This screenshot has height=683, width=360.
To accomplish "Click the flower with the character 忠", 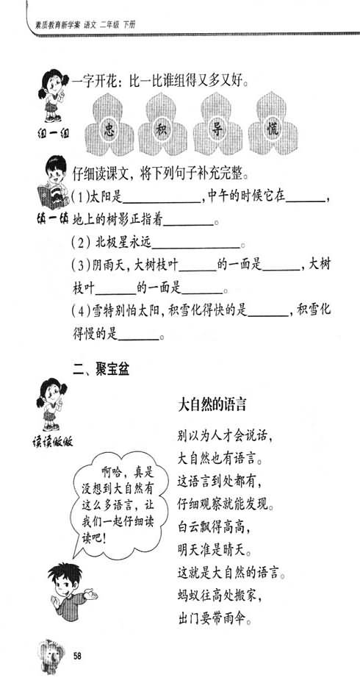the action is point(109,125).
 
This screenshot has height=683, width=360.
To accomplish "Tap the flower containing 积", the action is point(163,125).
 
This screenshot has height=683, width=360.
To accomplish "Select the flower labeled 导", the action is point(217,125).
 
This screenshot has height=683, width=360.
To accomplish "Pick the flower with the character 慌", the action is point(273,125).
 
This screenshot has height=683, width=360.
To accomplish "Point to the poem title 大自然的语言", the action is point(212,405).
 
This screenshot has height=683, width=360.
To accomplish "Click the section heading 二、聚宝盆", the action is point(101,370).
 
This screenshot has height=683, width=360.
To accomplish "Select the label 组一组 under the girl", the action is point(52,132).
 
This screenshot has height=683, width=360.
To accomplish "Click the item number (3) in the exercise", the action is point(81,265).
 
